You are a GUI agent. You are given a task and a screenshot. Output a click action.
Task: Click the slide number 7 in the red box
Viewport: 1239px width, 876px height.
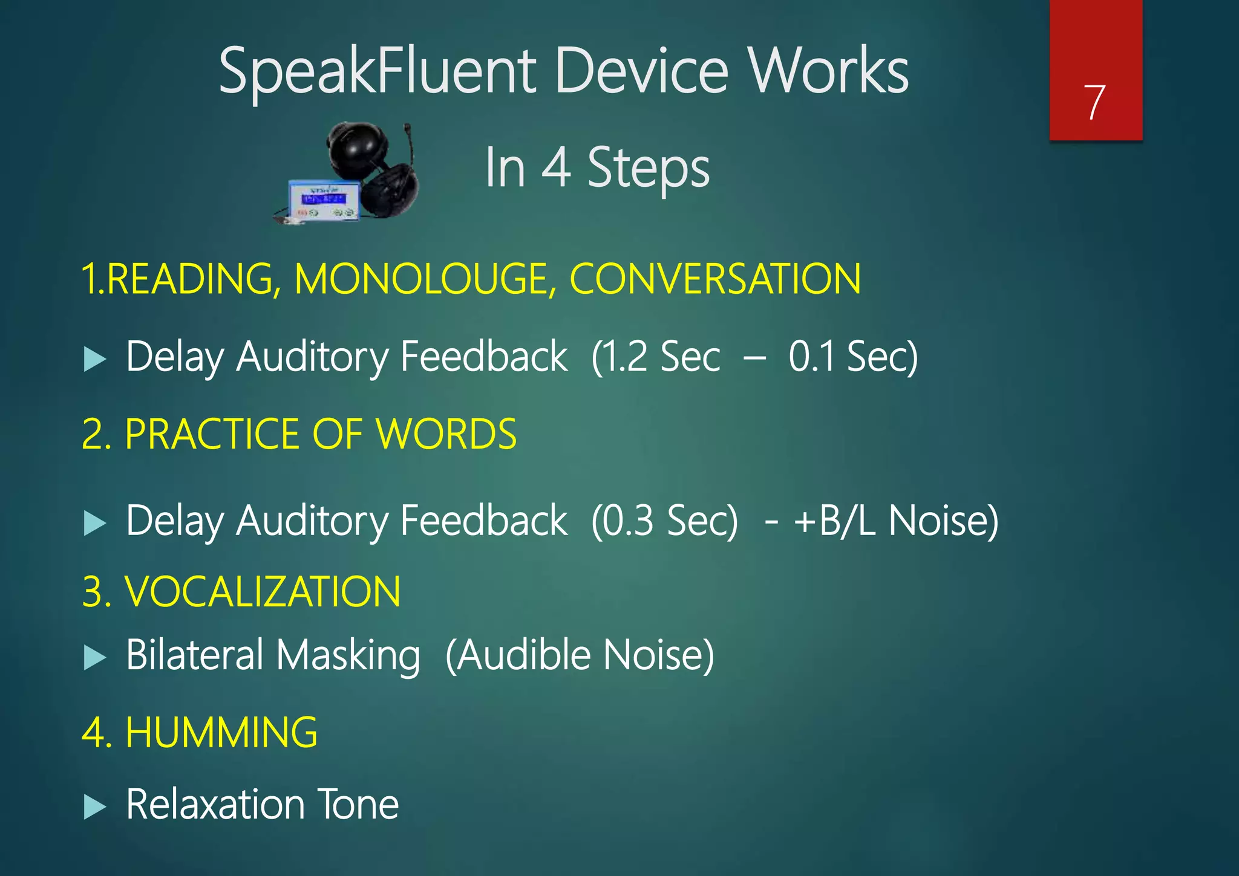1094,102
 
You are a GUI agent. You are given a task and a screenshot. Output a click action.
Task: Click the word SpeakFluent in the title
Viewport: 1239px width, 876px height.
377,72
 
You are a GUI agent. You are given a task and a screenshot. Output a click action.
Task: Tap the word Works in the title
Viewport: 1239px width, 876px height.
828,71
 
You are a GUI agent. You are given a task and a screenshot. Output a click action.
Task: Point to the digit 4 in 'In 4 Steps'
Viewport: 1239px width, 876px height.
556,167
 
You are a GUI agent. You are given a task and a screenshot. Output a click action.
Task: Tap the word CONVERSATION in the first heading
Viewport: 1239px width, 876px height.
715,279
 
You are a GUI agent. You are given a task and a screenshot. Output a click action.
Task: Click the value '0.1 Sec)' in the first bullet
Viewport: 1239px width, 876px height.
853,356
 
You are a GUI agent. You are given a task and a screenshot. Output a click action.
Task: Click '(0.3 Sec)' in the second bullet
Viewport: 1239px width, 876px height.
664,521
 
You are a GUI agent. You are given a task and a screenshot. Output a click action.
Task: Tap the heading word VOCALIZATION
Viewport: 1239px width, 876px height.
262,591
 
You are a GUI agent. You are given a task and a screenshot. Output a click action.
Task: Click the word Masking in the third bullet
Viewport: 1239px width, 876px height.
348,655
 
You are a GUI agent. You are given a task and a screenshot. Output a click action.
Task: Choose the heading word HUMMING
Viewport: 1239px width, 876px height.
221,732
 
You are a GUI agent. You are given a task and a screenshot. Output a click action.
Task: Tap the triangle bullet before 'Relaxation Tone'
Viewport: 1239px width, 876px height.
94,806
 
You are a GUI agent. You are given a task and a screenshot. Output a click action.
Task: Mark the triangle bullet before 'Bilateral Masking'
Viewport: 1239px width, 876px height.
94,658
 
